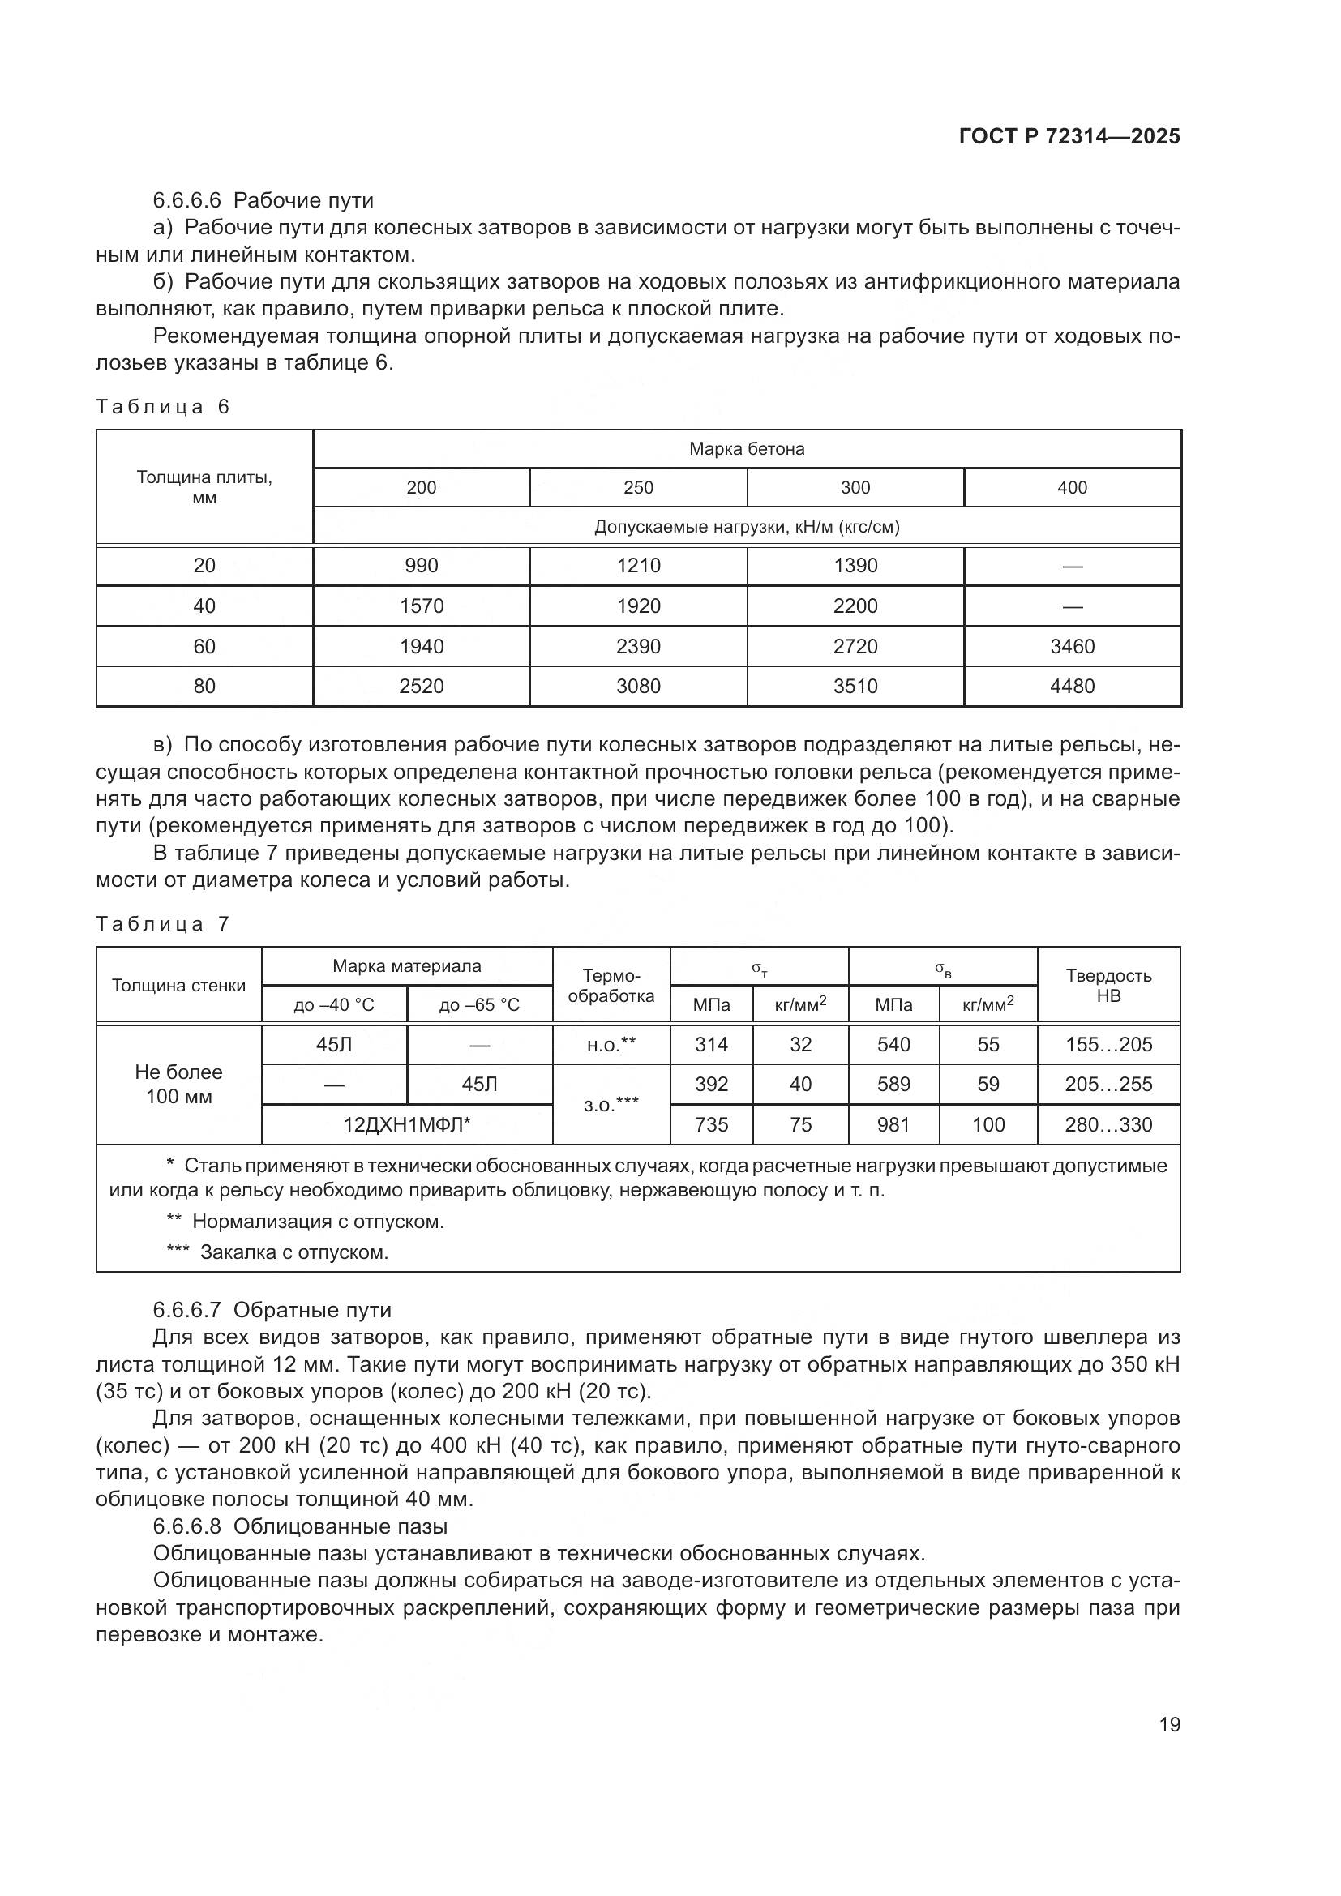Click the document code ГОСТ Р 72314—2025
point(1069,137)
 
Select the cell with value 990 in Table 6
point(421,566)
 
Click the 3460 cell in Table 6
point(1072,646)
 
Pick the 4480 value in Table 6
point(1072,687)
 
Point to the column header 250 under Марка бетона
point(638,487)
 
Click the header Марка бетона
point(747,449)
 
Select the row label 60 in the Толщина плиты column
point(204,646)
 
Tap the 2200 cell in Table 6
point(855,606)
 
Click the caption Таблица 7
point(162,923)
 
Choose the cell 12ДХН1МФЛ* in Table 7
point(406,1125)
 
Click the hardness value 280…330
point(1108,1125)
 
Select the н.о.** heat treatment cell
point(611,1045)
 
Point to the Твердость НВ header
point(1108,985)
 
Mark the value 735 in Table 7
point(711,1125)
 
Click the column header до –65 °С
point(479,1005)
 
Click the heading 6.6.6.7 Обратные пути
point(272,1310)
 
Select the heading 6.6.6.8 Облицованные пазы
point(300,1526)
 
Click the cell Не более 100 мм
point(179,1085)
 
